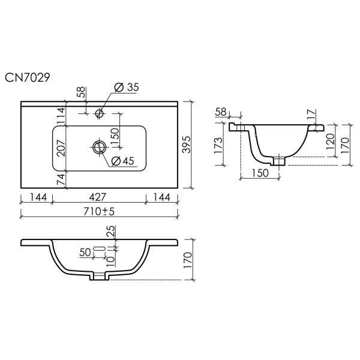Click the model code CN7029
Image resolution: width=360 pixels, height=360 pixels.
tap(28, 77)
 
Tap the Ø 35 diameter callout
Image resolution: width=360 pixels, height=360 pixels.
tap(127, 88)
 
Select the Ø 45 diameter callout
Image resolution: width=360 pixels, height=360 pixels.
tap(122, 161)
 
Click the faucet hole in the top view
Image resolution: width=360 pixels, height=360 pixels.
tap(100, 113)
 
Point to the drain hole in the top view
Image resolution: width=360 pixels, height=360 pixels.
tap(100, 147)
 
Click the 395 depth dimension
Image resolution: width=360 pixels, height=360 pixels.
tap(187, 145)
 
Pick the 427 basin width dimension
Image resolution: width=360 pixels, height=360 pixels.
tap(98, 197)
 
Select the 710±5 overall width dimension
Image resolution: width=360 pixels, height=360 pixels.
tap(99, 211)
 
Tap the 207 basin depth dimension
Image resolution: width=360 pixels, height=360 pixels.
tap(61, 148)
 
